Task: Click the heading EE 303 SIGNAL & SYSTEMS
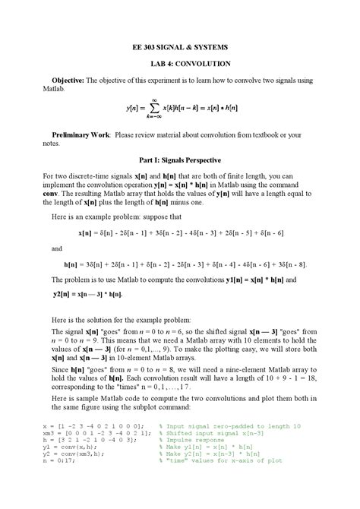pyautogui.click(x=179, y=47)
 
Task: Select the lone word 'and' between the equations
pyautogui.click(x=57, y=248)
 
